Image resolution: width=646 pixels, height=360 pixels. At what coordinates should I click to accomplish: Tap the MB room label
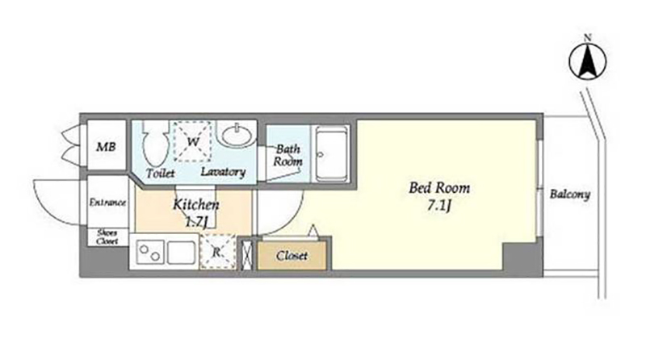tap(106, 147)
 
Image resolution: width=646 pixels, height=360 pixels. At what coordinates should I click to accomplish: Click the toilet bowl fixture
tap(156, 144)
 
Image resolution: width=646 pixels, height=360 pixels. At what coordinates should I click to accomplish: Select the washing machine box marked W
tap(193, 141)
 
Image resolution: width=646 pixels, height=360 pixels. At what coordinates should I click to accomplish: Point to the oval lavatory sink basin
tap(237, 134)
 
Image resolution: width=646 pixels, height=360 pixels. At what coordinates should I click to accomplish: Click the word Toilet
tap(160, 174)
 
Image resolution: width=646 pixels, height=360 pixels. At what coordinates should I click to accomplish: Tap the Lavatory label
tap(223, 172)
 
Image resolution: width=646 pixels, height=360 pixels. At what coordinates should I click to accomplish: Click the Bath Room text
tap(287, 155)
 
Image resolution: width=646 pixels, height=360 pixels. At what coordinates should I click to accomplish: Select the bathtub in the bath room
tap(331, 153)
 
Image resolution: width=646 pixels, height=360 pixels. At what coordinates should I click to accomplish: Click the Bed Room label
tap(439, 188)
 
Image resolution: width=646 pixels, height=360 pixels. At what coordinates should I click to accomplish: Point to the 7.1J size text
tap(439, 206)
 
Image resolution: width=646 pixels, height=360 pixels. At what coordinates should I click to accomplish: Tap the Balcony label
tap(570, 194)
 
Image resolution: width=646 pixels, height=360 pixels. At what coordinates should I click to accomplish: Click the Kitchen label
tap(195, 205)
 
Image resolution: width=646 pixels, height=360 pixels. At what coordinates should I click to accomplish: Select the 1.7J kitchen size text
tap(195, 223)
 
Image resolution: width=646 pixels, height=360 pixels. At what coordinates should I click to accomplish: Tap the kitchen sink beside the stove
tap(181, 253)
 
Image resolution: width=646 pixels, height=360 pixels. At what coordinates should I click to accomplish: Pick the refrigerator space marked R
tap(217, 252)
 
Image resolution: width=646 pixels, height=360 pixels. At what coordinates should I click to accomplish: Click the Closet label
tap(292, 256)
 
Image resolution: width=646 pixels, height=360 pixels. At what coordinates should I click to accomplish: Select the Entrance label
tap(107, 203)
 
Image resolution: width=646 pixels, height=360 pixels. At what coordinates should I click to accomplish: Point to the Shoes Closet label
tap(107, 237)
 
